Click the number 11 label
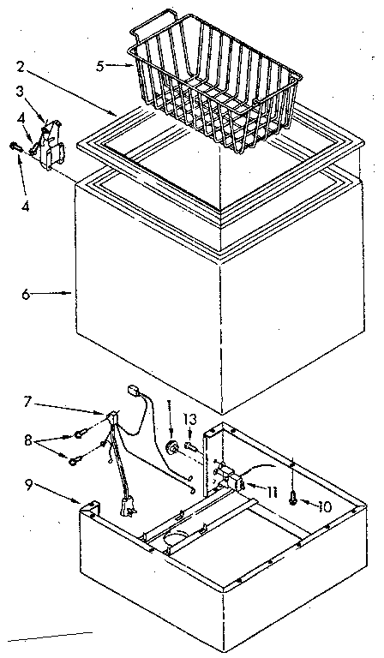click(273, 490)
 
